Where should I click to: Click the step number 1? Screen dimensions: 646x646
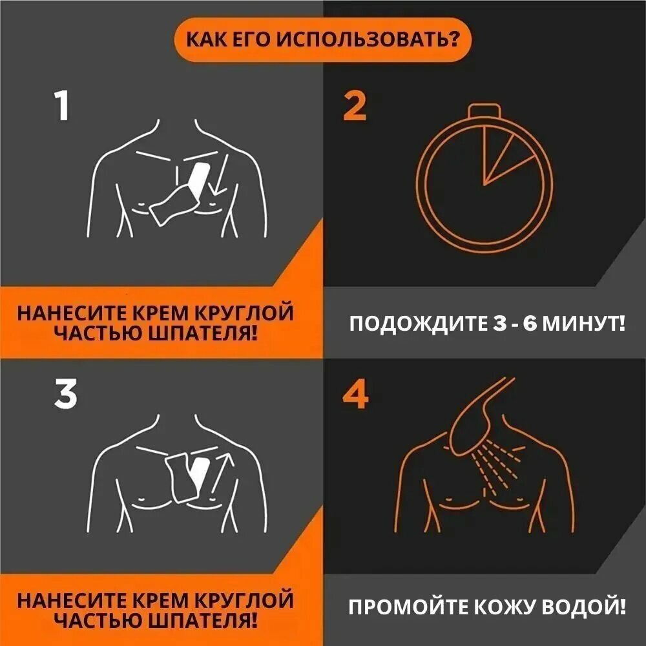pyautogui.click(x=62, y=107)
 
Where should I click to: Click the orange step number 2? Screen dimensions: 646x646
pyautogui.click(x=355, y=107)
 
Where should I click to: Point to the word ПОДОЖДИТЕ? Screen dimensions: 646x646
pyautogui.click(x=414, y=322)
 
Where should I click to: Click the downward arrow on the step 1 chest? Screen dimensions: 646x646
pyautogui.click(x=218, y=178)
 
